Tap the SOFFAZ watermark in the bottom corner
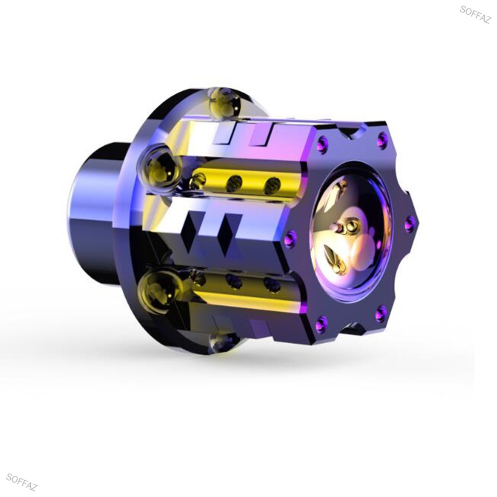click(x=22, y=482)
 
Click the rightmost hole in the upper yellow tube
click(x=273, y=185)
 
